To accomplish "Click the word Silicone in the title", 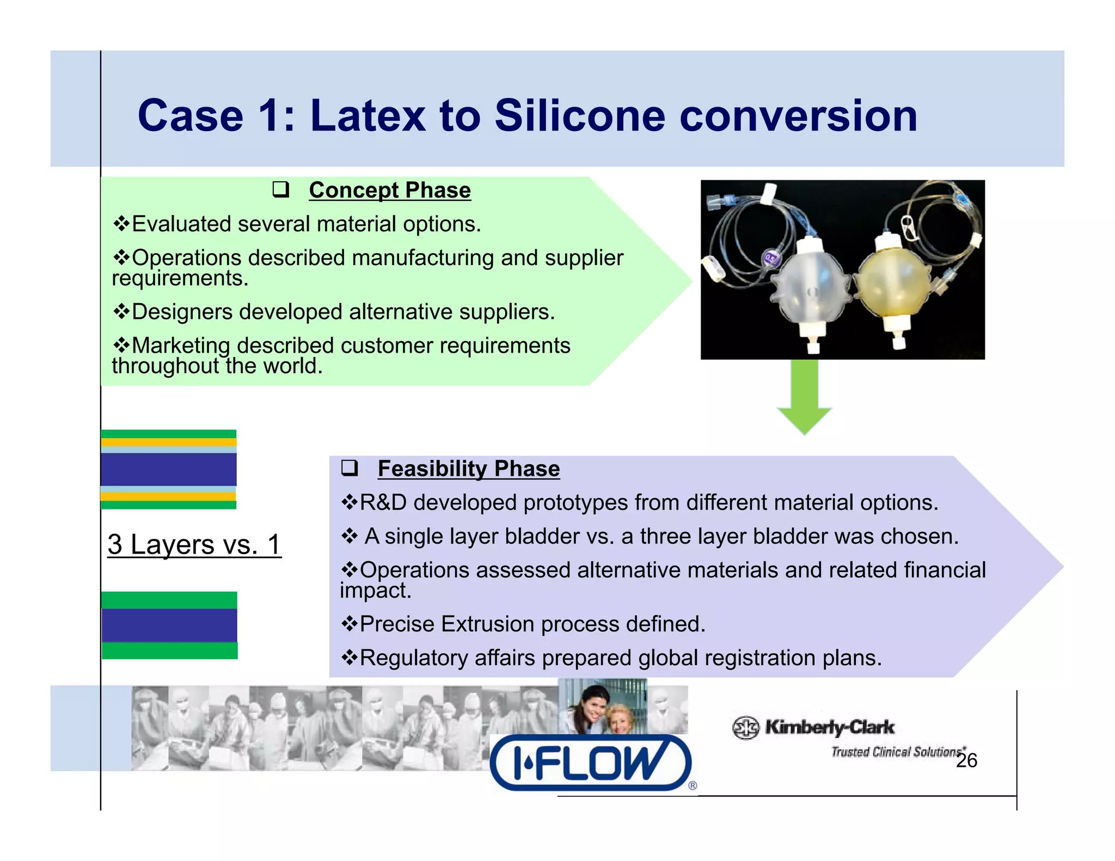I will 579,116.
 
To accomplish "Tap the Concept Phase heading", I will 389,190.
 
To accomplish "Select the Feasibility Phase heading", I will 468,469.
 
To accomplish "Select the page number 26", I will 966,760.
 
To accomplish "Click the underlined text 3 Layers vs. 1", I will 194,544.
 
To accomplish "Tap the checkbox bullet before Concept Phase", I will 280,190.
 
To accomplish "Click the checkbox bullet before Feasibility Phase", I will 349,468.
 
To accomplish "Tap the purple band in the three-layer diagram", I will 169,469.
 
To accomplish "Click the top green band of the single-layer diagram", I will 169,600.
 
